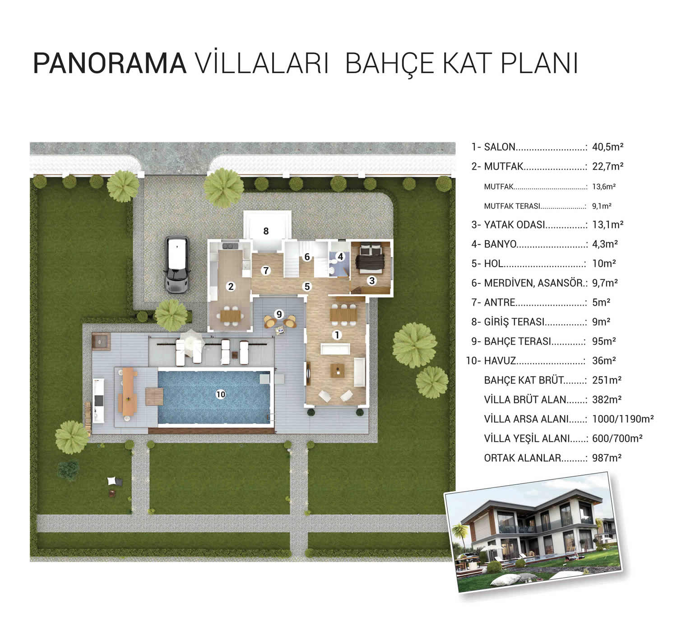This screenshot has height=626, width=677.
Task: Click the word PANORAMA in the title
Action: (110, 64)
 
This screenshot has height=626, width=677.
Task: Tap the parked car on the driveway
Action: (177, 265)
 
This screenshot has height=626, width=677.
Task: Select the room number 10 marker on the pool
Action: (221, 394)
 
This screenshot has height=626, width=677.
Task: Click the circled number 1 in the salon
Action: (337, 335)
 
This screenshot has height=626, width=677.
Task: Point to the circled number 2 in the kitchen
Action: (231, 287)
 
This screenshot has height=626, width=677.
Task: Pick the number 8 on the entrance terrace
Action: (266, 231)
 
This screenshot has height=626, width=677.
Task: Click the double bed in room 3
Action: (370, 258)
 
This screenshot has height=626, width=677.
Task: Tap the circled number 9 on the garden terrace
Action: (279, 314)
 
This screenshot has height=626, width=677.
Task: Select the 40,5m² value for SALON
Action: (608, 147)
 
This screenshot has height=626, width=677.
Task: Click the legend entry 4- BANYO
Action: (494, 244)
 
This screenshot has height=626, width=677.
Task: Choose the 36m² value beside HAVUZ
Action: (604, 361)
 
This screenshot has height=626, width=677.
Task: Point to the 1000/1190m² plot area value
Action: (623, 419)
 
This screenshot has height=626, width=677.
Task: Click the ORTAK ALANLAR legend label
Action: (523, 458)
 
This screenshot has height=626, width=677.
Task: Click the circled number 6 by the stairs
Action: (307, 257)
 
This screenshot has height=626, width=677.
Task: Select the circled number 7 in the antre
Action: (266, 270)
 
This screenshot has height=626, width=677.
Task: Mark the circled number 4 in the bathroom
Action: (340, 256)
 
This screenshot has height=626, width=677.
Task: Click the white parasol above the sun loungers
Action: (191, 340)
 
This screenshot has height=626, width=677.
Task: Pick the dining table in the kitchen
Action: (231, 316)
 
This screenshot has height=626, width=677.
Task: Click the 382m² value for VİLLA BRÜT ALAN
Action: (607, 399)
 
